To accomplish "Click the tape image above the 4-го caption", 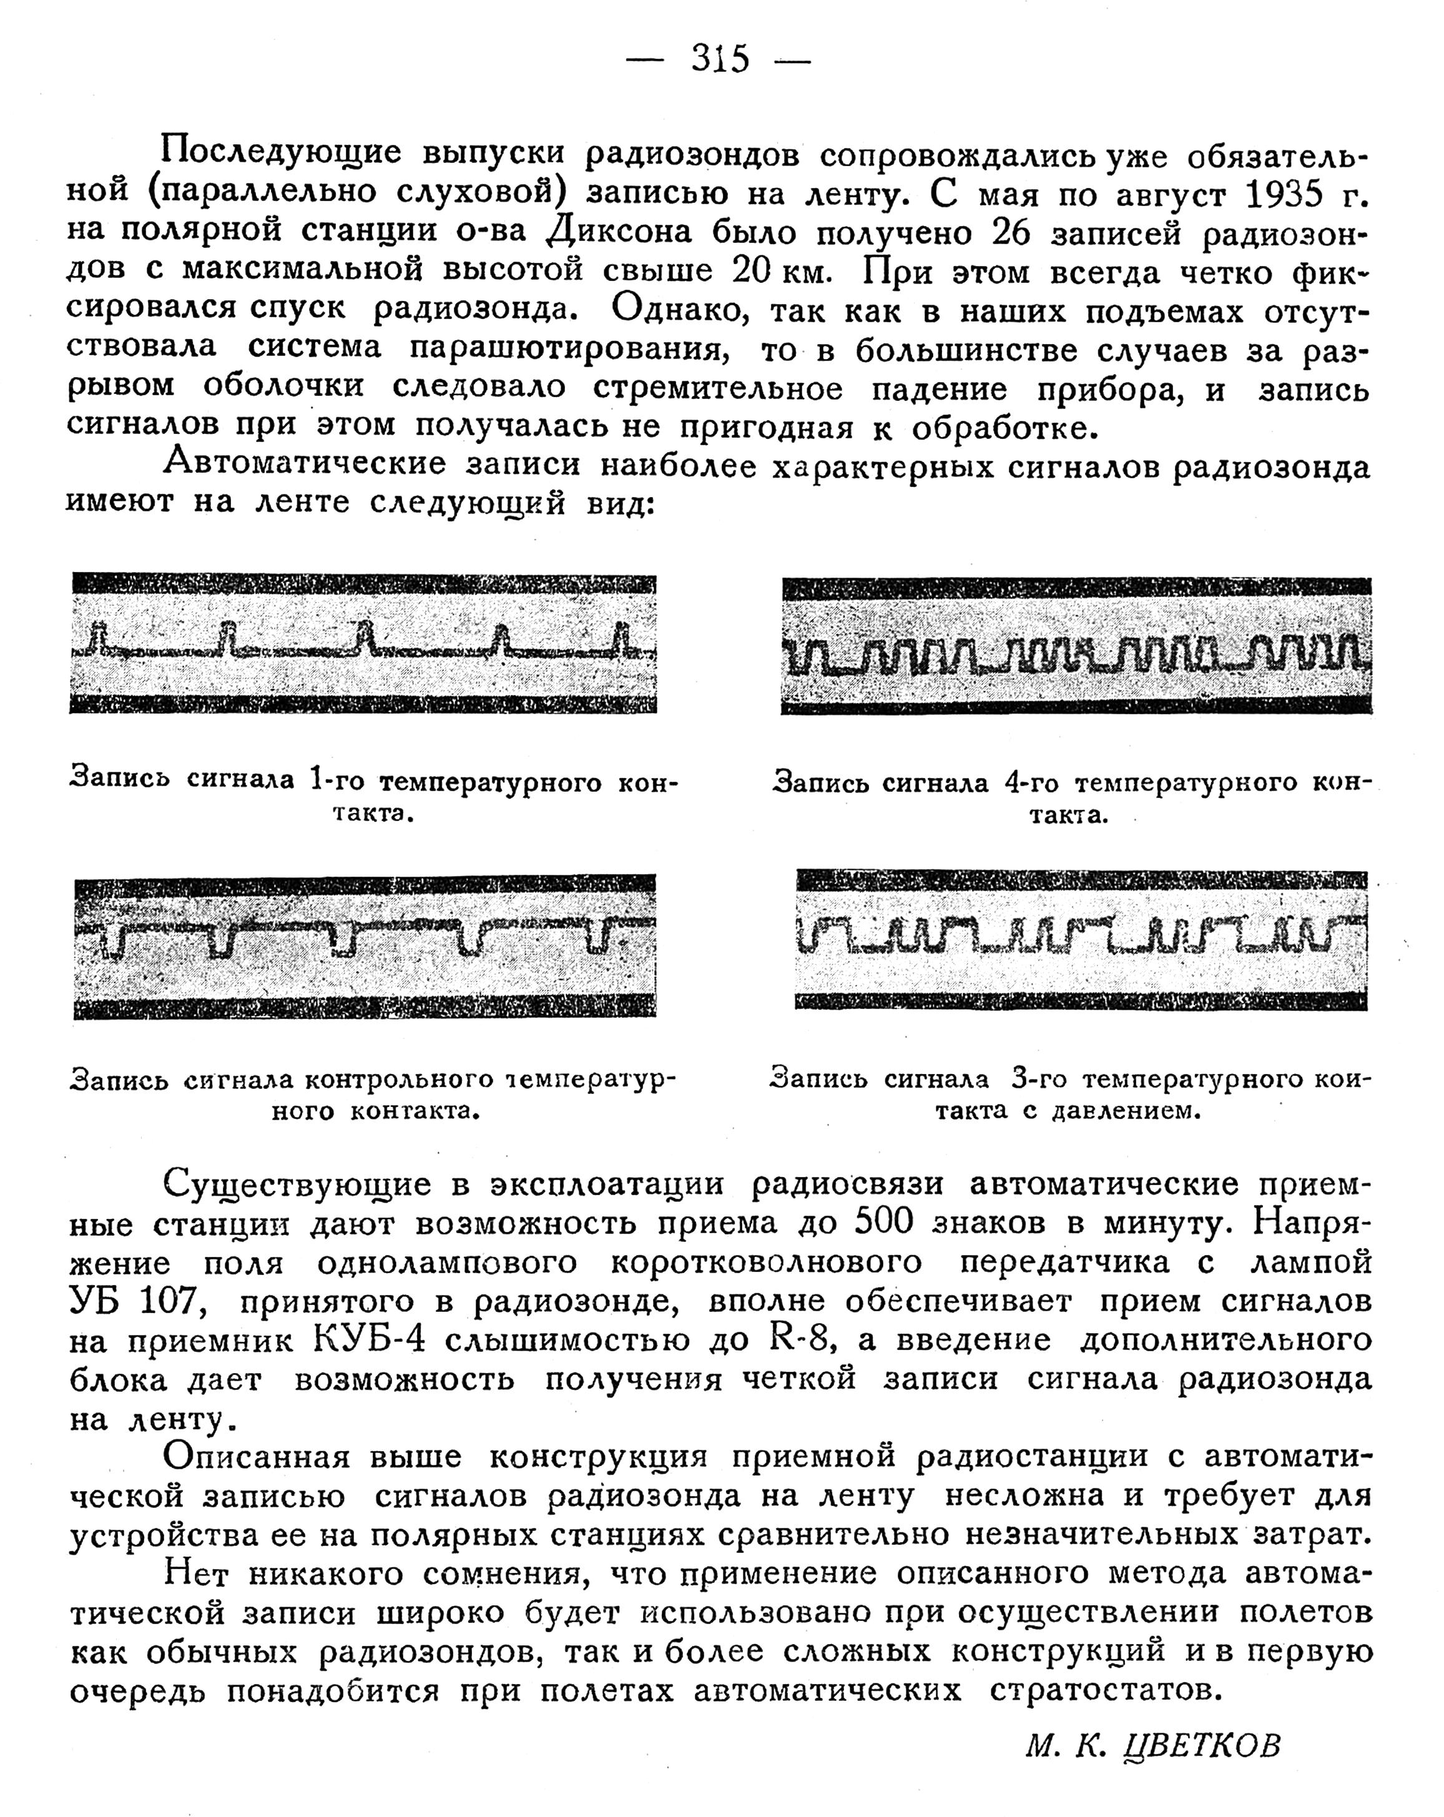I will tap(1076, 646).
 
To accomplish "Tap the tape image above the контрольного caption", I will tap(365, 947).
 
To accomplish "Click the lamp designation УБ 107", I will tap(138, 1301).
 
